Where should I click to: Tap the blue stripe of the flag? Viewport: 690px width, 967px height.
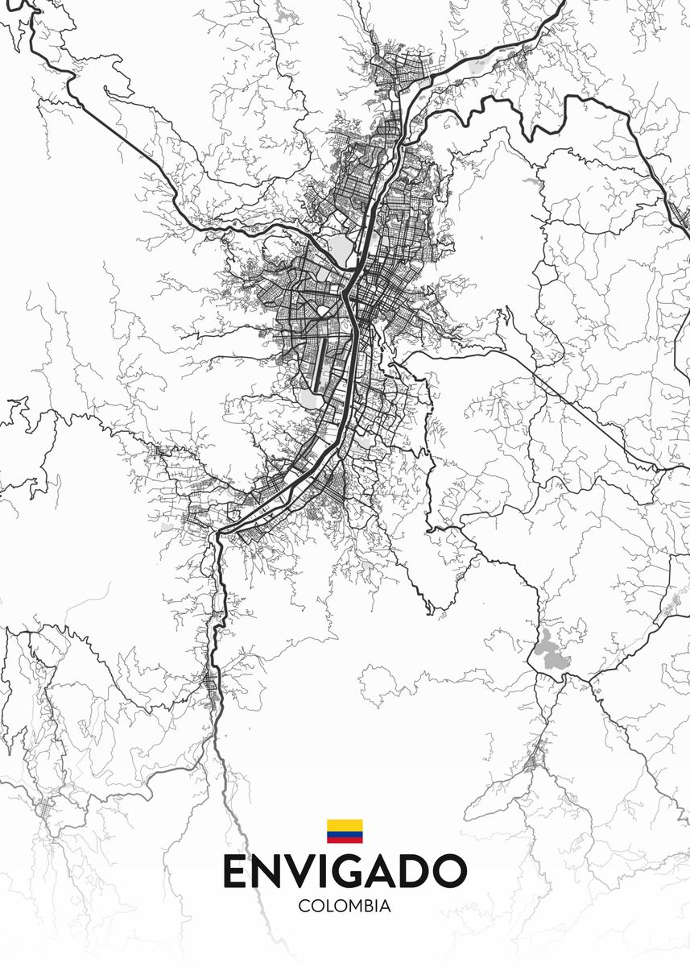click(345, 834)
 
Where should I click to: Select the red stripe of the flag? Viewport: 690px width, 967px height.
click(345, 840)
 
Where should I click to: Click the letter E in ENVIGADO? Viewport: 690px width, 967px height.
click(237, 871)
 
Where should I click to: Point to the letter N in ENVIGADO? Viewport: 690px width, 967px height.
click(270, 871)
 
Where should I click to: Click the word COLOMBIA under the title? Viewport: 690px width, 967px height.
click(345, 906)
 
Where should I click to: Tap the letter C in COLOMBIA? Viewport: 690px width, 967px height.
click(304, 906)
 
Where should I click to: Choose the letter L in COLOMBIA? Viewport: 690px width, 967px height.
click(327, 906)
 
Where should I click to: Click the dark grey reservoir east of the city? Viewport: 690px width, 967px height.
click(550, 650)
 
